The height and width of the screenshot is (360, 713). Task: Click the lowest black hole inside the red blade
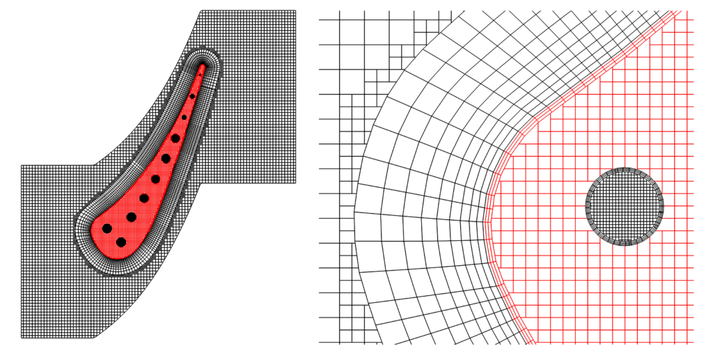[121, 242]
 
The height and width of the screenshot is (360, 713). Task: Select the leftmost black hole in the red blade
[107, 228]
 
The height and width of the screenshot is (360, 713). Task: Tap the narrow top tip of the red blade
[203, 66]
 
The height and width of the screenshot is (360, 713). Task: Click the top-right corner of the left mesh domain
[297, 10]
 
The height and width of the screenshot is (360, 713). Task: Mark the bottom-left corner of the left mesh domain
[22, 338]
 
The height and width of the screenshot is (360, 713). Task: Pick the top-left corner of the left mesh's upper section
[202, 10]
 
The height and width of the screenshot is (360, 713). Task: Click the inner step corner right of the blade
[202, 183]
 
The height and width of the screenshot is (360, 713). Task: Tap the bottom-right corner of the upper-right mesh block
[297, 183]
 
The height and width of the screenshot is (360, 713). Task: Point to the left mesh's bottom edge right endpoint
[95, 338]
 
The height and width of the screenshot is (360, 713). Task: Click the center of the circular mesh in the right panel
[625, 206]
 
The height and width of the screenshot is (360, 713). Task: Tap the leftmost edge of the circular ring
[586, 206]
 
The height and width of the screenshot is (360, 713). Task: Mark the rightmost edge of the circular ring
[663, 206]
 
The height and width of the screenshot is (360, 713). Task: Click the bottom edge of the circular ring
[625, 244]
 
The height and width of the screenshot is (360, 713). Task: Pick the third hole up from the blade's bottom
[131, 217]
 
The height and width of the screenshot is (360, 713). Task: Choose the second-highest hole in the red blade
[184, 117]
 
